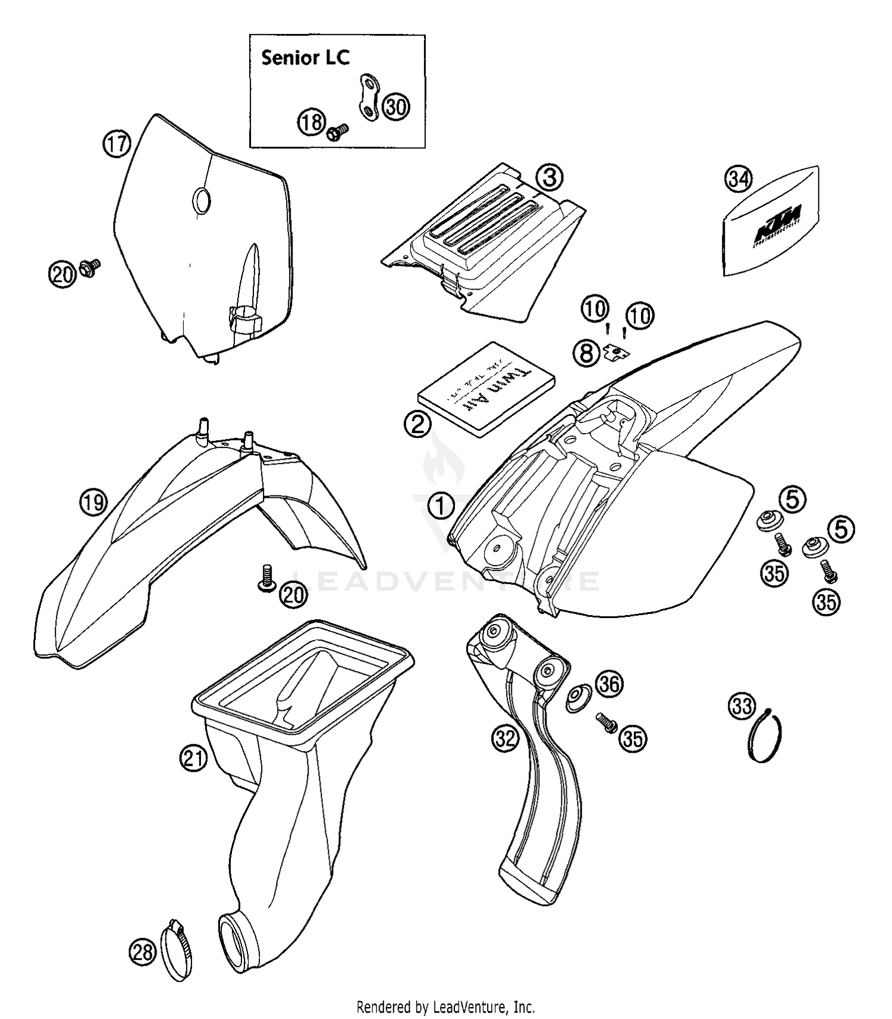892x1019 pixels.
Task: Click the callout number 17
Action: (x=117, y=145)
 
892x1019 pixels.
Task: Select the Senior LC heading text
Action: (x=305, y=58)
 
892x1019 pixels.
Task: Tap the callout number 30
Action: (x=396, y=107)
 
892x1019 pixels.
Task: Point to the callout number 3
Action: (x=549, y=177)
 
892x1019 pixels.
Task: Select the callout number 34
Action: (x=739, y=178)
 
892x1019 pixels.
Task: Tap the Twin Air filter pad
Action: (x=487, y=388)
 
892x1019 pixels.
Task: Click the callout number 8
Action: (x=586, y=354)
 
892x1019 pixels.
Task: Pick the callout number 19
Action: (x=93, y=503)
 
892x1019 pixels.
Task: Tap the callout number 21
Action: (x=193, y=758)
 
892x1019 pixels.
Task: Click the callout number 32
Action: (x=505, y=738)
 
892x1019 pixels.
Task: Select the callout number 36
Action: (x=609, y=684)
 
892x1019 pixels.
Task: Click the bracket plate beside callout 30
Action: (x=369, y=98)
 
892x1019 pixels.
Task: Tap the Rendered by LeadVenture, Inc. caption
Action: (x=445, y=1007)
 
